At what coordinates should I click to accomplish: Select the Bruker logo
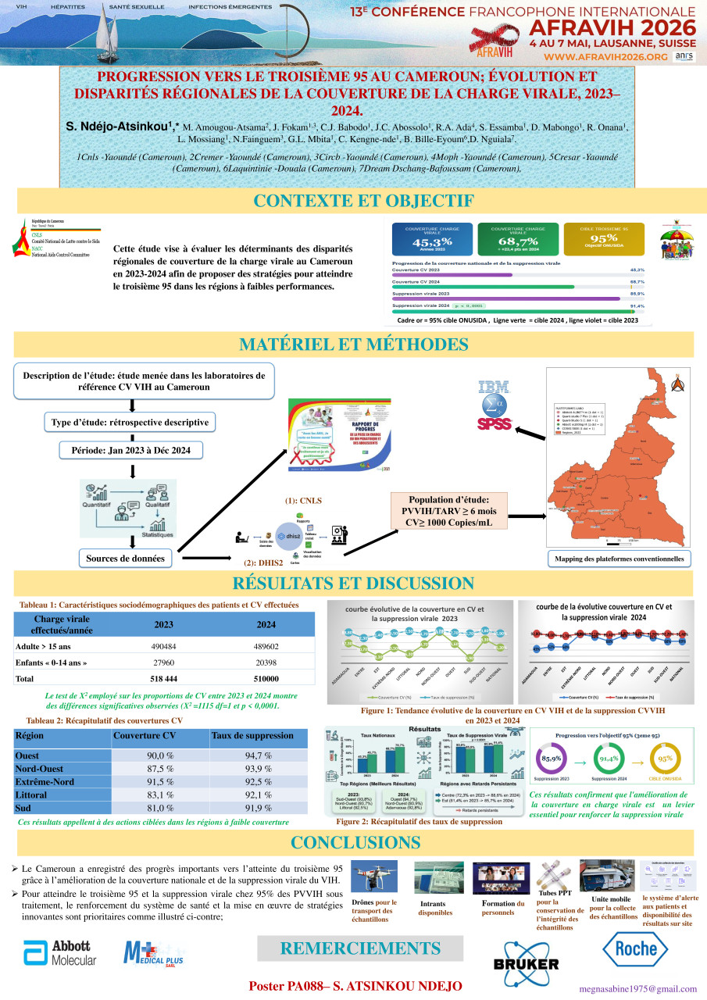[x=525, y=965]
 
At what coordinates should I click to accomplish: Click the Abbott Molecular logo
[x=60, y=954]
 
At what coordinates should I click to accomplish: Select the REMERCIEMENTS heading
[x=359, y=948]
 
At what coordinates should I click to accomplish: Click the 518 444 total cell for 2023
[x=164, y=679]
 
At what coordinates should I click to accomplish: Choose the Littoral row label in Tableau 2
[x=31, y=795]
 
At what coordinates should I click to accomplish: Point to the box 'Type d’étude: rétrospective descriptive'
[x=130, y=423]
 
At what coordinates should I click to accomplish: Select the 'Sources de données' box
[x=130, y=559]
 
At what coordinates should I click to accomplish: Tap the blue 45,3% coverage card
[x=433, y=237]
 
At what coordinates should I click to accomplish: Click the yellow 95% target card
[x=604, y=237]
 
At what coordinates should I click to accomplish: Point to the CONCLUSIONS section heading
[x=354, y=842]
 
